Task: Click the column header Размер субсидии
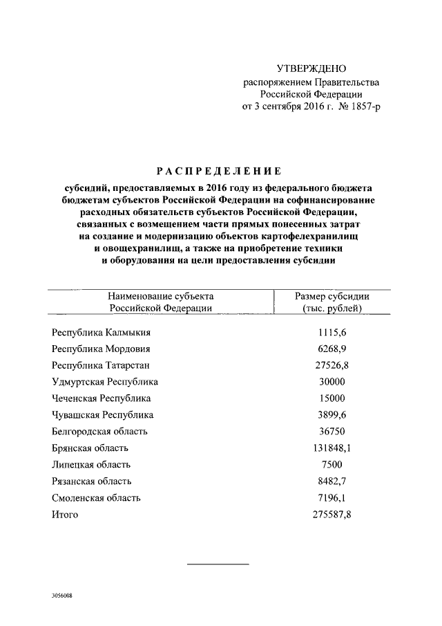pyautogui.click(x=333, y=296)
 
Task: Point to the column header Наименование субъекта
pyautogui.click(x=160, y=296)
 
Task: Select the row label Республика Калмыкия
pyautogui.click(x=101, y=333)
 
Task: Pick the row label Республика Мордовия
pyautogui.click(x=101, y=349)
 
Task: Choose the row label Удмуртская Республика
pyautogui.click(x=105, y=382)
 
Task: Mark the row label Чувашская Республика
pyautogui.click(x=102, y=415)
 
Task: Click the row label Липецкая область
pyautogui.click(x=91, y=465)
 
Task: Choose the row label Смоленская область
pyautogui.click(x=96, y=498)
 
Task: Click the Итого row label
pyautogui.click(x=65, y=515)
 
